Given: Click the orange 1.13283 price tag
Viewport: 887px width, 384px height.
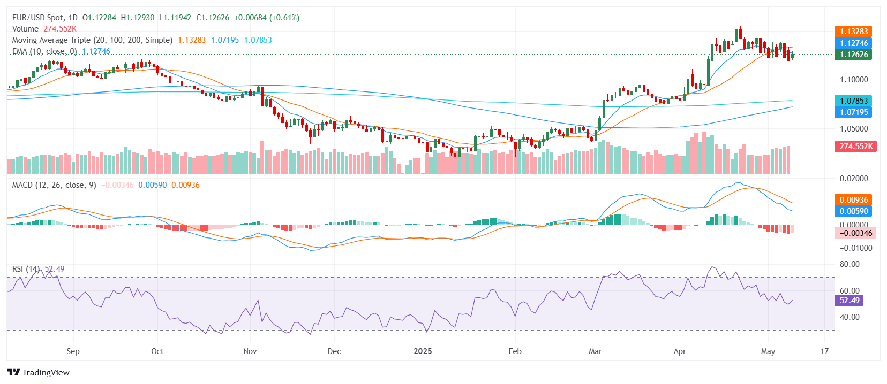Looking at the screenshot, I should [853, 32].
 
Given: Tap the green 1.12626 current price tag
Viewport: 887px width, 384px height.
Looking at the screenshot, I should [853, 55].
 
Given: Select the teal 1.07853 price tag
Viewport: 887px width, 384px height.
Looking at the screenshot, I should [853, 101].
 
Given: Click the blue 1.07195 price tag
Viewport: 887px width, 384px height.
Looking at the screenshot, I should [853, 112].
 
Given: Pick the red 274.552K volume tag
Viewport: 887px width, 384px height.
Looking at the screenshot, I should [855, 146].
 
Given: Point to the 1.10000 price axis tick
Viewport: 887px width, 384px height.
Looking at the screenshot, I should [853, 80].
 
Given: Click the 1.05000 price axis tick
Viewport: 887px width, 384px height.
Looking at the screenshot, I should [853, 129].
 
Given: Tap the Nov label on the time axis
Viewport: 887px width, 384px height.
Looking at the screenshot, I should [250, 351].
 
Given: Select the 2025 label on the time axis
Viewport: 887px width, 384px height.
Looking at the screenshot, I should [423, 351].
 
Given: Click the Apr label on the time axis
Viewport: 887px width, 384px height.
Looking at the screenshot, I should [679, 351].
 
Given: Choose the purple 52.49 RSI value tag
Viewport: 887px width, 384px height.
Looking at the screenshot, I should [849, 301].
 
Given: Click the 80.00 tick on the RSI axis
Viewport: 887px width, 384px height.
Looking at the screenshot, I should [849, 264].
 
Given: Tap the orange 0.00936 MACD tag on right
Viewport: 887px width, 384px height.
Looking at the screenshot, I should [853, 200].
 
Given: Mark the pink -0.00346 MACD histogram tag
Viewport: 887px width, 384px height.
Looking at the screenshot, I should [855, 233].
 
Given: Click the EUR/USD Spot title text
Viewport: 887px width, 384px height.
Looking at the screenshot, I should [38, 18].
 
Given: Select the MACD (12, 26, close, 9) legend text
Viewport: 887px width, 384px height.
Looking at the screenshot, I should [54, 185].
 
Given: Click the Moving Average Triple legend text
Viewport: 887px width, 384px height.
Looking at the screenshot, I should [92, 40].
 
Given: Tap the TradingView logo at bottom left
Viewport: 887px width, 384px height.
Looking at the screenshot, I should [38, 373].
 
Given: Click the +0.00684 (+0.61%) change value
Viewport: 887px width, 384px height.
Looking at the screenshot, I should [267, 18].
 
